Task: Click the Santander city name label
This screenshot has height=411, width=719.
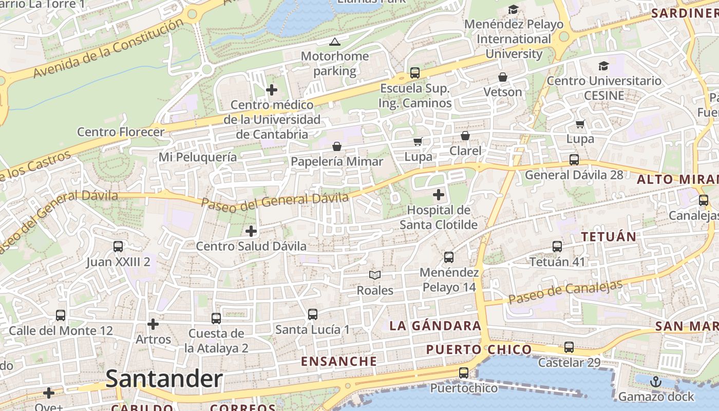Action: click(164, 379)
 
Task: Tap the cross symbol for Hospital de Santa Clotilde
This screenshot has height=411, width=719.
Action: click(439, 195)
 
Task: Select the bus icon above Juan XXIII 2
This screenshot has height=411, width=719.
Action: click(118, 247)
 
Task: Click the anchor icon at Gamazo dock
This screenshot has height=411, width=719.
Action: click(655, 382)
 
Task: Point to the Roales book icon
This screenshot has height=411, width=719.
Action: click(375, 275)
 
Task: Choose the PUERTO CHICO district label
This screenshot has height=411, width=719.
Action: click(479, 350)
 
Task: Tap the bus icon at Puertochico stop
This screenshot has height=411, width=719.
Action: click(464, 373)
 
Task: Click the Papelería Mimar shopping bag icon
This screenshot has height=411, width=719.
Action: click(337, 146)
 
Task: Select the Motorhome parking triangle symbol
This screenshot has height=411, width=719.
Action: click(335, 42)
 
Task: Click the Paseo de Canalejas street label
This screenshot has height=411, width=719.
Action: click(565, 291)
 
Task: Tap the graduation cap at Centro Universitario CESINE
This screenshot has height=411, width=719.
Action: click(603, 66)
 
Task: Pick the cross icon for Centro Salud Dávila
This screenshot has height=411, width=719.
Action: click(251, 231)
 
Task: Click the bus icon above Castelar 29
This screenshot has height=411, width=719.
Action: click(569, 347)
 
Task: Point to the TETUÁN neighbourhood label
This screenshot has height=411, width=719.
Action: click(609, 237)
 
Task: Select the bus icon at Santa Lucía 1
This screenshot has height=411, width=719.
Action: click(312, 314)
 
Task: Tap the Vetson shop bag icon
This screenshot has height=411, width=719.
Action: click(503, 77)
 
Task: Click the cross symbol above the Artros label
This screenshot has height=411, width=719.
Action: click(153, 324)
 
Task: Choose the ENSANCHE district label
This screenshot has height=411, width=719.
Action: click(339, 361)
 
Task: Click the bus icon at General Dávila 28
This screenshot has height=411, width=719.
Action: click(574, 160)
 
